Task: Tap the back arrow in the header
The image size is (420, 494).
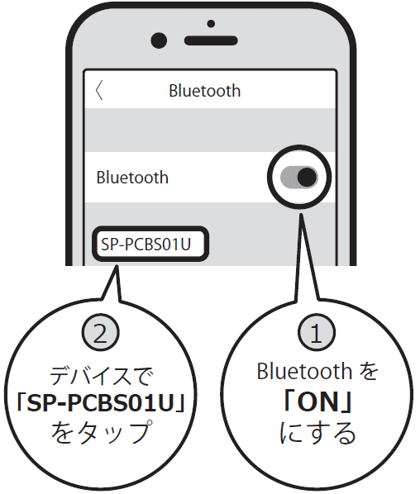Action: click(x=99, y=90)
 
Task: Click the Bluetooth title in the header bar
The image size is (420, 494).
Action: click(x=205, y=91)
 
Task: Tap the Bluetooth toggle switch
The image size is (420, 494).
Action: click(x=299, y=177)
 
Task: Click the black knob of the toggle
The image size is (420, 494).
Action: click(x=307, y=177)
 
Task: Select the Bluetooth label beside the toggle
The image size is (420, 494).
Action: click(x=132, y=178)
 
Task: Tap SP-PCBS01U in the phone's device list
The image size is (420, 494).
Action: click(x=146, y=245)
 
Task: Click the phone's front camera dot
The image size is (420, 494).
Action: click(x=159, y=40)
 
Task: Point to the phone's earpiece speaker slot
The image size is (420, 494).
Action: click(x=211, y=40)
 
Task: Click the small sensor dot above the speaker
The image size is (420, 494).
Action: click(x=211, y=24)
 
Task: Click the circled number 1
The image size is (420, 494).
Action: click(x=317, y=332)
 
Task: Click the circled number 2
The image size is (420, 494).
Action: click(x=101, y=332)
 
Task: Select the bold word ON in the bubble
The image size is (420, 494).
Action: click(x=317, y=401)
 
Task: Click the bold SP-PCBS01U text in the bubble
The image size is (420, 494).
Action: click(x=101, y=403)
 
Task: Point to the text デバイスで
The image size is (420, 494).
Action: click(x=102, y=376)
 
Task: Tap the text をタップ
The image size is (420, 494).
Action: click(x=101, y=432)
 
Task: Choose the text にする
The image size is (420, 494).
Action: click(x=317, y=433)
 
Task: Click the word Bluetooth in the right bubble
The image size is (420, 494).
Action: click(x=304, y=371)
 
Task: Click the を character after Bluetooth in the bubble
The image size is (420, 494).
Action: click(x=368, y=371)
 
